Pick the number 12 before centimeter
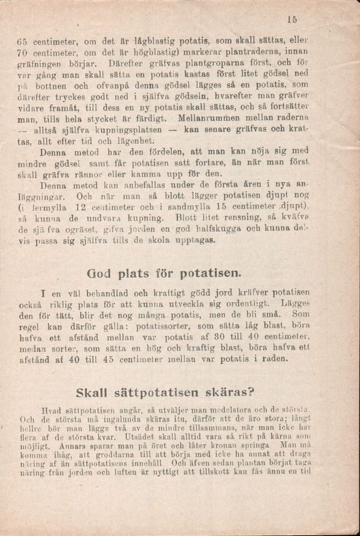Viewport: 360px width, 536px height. (x=78, y=207)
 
